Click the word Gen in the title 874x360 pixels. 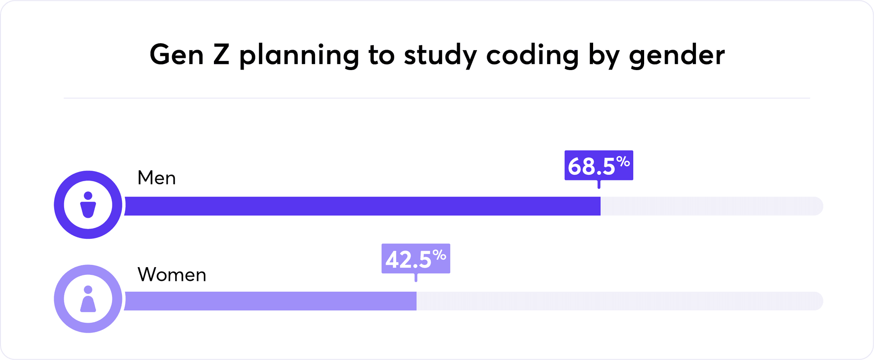point(176,55)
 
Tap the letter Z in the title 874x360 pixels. point(221,55)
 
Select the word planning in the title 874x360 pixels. point(299,56)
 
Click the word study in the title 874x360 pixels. point(440,56)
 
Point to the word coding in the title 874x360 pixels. point(532,56)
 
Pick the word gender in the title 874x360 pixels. point(676,56)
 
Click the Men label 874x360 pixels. point(157,178)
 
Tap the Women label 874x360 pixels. point(172,275)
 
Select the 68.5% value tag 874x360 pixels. point(598,165)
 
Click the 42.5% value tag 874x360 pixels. point(415,259)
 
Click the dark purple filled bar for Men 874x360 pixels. point(362,206)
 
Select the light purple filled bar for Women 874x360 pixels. point(270,301)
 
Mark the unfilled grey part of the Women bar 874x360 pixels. point(619,301)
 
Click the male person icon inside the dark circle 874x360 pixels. point(88,205)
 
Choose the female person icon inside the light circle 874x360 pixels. point(88,299)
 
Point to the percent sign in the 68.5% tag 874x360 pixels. point(623,162)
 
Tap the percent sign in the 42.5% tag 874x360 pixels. point(439,255)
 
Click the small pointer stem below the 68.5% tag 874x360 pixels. point(599,184)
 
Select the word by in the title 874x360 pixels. point(604,56)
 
